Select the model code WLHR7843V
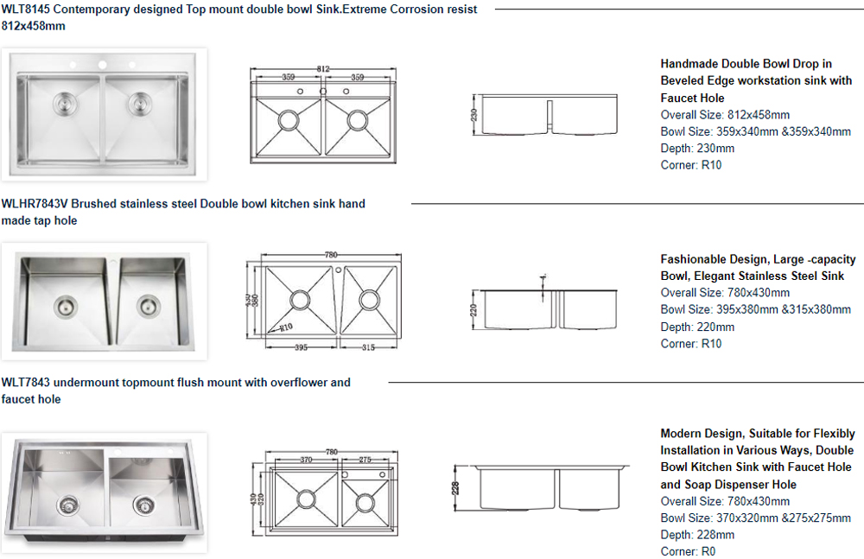click(x=34, y=204)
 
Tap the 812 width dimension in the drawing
click(x=323, y=68)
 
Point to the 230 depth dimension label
click(x=474, y=114)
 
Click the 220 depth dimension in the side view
click(x=474, y=308)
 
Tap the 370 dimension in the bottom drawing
click(x=305, y=461)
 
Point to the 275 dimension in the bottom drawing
click(x=365, y=461)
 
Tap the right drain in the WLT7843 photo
click(x=145, y=505)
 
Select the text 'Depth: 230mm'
click(x=697, y=148)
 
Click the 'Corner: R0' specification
click(x=688, y=551)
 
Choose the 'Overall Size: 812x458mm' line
click(x=725, y=114)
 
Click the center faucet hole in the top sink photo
click(x=102, y=65)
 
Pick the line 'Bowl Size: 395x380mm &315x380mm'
click(x=755, y=309)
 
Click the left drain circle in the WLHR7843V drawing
click(x=299, y=300)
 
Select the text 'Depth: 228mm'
click(x=697, y=535)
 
